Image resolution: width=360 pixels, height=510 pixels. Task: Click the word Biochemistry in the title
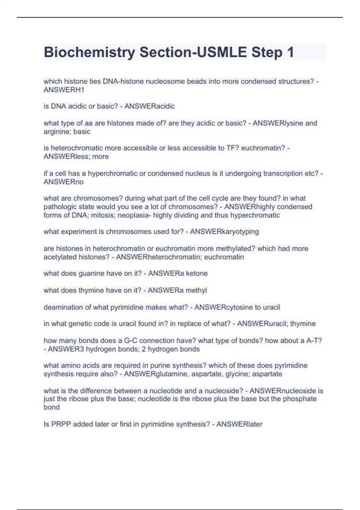click(x=89, y=52)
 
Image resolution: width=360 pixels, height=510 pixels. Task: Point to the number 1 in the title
click(x=290, y=52)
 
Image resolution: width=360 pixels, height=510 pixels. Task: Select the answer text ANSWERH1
click(x=64, y=90)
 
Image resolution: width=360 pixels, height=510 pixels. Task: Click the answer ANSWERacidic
click(x=149, y=106)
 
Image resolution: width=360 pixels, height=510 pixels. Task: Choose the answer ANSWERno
click(x=64, y=182)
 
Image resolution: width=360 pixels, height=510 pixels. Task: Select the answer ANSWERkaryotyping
click(x=224, y=232)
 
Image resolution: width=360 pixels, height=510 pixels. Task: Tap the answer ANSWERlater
click(x=239, y=424)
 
